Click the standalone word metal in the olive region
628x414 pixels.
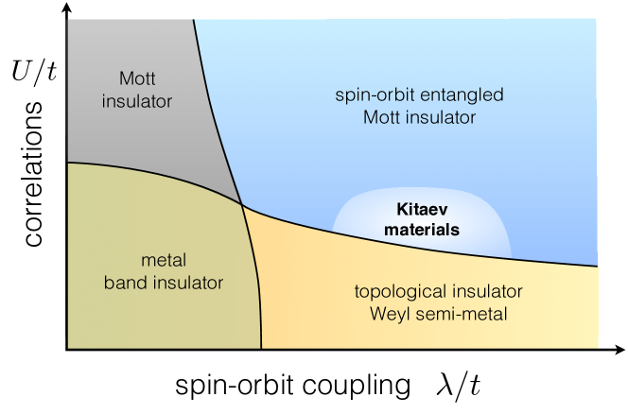coord(164,260)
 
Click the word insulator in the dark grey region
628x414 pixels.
coord(138,100)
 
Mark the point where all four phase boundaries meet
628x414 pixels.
coord(242,204)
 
